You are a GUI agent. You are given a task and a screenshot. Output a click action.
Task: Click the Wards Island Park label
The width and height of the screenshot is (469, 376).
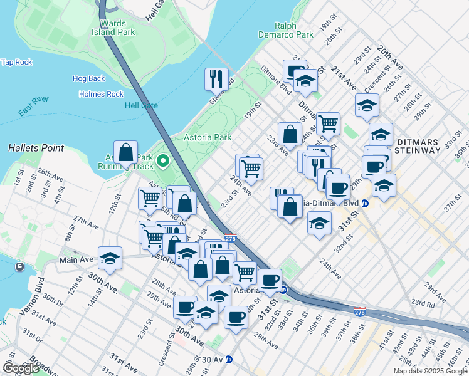[x=113, y=27]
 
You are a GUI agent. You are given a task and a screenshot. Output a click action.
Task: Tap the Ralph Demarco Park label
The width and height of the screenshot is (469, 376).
[x=294, y=30]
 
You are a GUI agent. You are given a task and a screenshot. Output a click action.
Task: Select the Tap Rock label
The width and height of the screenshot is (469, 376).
[x=16, y=62]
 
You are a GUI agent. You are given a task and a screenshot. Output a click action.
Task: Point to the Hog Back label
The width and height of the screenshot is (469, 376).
[x=88, y=78]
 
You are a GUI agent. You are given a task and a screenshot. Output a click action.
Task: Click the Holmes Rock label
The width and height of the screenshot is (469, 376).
[x=101, y=94]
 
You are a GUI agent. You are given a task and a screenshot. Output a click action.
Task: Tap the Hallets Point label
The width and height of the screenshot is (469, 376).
[x=36, y=148]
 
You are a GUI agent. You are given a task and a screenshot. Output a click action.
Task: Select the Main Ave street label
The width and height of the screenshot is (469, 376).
[x=76, y=259]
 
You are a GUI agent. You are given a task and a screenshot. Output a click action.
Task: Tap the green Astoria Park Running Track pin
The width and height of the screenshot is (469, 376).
[x=163, y=162]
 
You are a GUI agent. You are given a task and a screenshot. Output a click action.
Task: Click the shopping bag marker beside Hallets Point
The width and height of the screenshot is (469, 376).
[x=126, y=152]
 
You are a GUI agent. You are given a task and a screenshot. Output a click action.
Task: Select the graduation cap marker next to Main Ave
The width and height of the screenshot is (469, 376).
[x=110, y=258]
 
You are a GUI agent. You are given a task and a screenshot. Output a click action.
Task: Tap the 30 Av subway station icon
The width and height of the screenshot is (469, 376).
[x=229, y=360]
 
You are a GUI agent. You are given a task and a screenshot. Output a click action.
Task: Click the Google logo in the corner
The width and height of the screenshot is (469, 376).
[x=21, y=368]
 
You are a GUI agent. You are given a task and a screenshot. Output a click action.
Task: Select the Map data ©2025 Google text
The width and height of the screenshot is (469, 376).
[x=429, y=371]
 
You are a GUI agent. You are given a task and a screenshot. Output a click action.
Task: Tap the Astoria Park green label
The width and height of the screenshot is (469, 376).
[x=207, y=137]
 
